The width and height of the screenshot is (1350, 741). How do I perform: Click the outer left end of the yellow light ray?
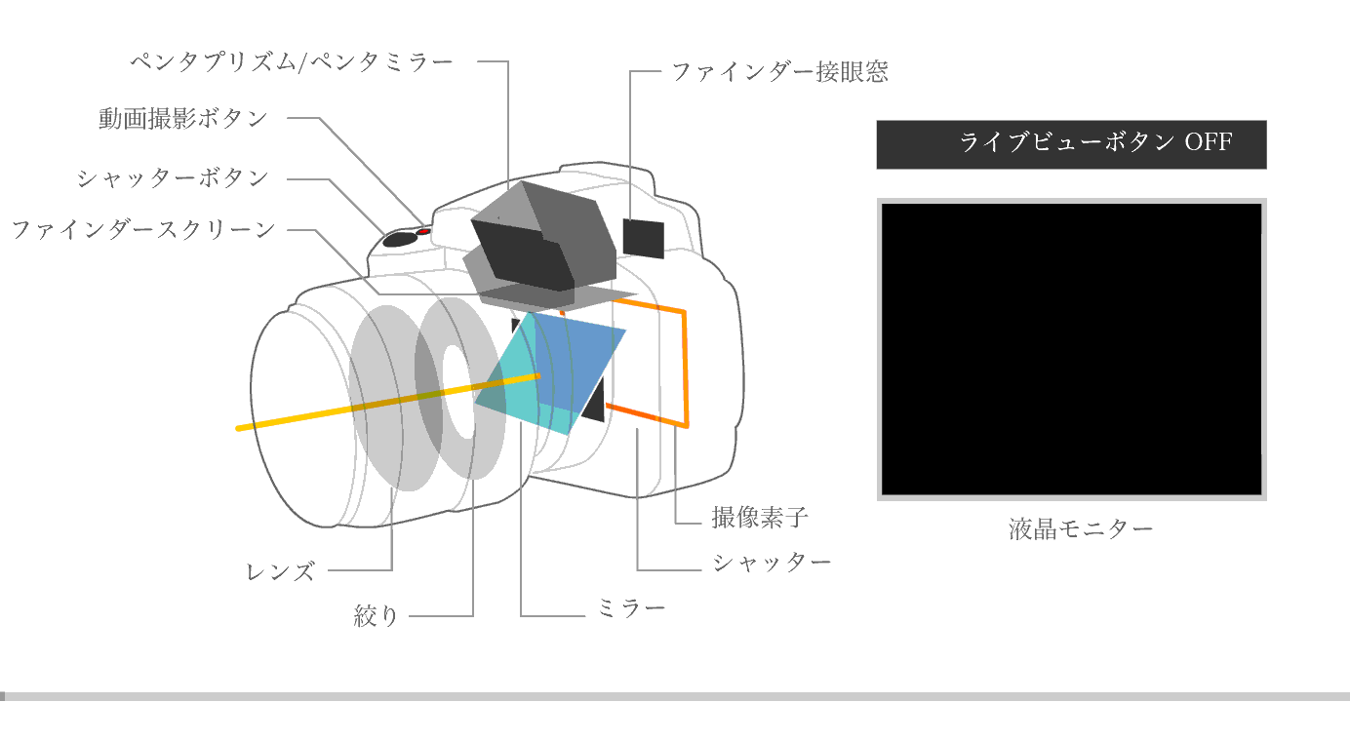[237, 428]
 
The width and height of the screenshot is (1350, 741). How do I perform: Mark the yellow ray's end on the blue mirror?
[538, 376]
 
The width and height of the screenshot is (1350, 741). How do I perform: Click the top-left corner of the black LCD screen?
[883, 204]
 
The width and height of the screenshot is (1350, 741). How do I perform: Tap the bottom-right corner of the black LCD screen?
[1261, 494]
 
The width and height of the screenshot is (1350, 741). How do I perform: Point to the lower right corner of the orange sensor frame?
[687, 426]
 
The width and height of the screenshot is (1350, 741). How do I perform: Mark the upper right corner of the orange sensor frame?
[685, 312]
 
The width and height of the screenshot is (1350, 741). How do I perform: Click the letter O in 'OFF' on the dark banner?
[1193, 142]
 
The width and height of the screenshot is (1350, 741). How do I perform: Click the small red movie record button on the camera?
[424, 231]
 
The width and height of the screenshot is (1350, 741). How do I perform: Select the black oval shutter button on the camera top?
[401, 239]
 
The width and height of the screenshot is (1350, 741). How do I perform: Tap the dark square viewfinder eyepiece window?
[643, 239]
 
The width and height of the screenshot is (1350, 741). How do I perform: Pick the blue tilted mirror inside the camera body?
[578, 365]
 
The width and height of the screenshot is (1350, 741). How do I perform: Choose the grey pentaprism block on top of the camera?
[541, 241]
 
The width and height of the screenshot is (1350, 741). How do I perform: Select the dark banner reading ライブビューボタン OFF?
[1072, 144]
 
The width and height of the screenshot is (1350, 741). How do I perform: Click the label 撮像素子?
[759, 518]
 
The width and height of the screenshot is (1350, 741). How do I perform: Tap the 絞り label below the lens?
[377, 615]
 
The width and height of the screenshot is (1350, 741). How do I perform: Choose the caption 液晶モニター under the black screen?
[1081, 529]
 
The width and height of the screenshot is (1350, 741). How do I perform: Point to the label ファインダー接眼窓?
[780, 72]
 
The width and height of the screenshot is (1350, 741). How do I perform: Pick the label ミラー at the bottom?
[631, 607]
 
